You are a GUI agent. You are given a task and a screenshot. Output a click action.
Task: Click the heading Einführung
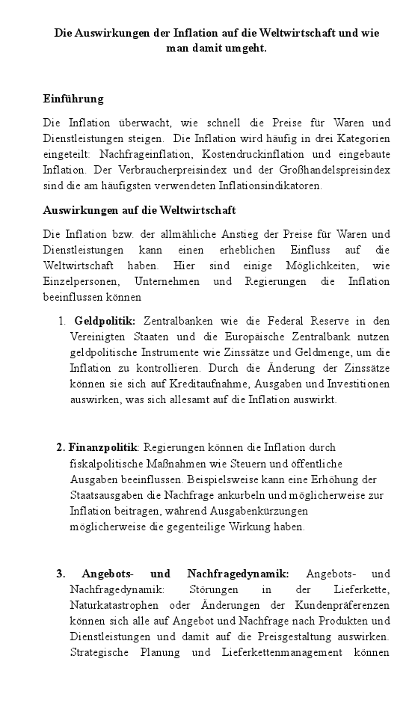point(73,99)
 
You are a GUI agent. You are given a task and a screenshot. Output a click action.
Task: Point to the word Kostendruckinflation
point(250,154)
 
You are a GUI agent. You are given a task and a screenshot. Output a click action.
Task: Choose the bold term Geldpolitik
point(105,321)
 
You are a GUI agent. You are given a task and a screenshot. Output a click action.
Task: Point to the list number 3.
point(61,574)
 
